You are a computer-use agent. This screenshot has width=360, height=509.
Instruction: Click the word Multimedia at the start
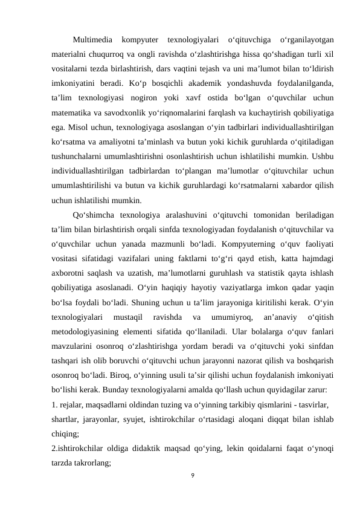coord(92,41)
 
